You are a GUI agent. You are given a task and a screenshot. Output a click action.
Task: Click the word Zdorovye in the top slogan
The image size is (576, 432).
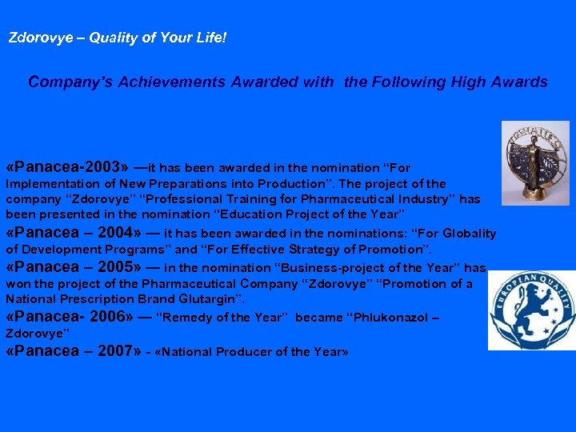[x=37, y=38]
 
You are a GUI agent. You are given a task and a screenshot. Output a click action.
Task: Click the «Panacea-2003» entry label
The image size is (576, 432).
[x=66, y=167]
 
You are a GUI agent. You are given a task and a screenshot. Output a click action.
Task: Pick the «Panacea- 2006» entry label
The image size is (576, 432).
[x=72, y=316]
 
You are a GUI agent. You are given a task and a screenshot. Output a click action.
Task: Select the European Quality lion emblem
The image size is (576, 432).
[x=531, y=310]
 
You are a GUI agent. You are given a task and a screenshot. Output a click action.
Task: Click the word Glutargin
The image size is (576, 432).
[x=214, y=299]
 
